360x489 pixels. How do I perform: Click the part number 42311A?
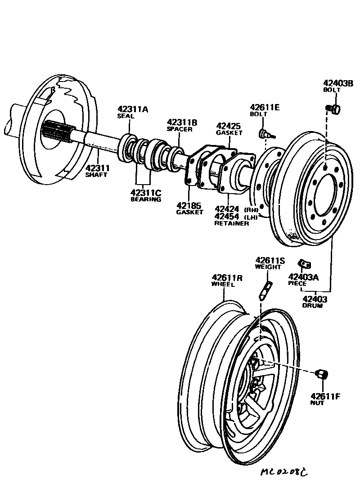[x=133, y=109]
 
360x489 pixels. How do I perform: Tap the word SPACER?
[x=180, y=129]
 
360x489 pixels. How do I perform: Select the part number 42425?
[x=229, y=126]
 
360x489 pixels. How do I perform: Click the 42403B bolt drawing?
[x=334, y=108]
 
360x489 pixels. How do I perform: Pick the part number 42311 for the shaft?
[x=97, y=168]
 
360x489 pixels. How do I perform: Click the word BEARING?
[x=145, y=199]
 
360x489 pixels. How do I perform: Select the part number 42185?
[x=189, y=205]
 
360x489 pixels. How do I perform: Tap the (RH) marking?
[x=251, y=209]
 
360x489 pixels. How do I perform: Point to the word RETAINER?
[x=231, y=223]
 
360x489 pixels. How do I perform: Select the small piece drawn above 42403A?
[x=304, y=264]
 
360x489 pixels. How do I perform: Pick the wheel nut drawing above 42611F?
[x=322, y=374]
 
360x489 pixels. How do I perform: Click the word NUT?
[x=317, y=403]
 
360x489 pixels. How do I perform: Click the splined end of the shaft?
[x=56, y=132]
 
